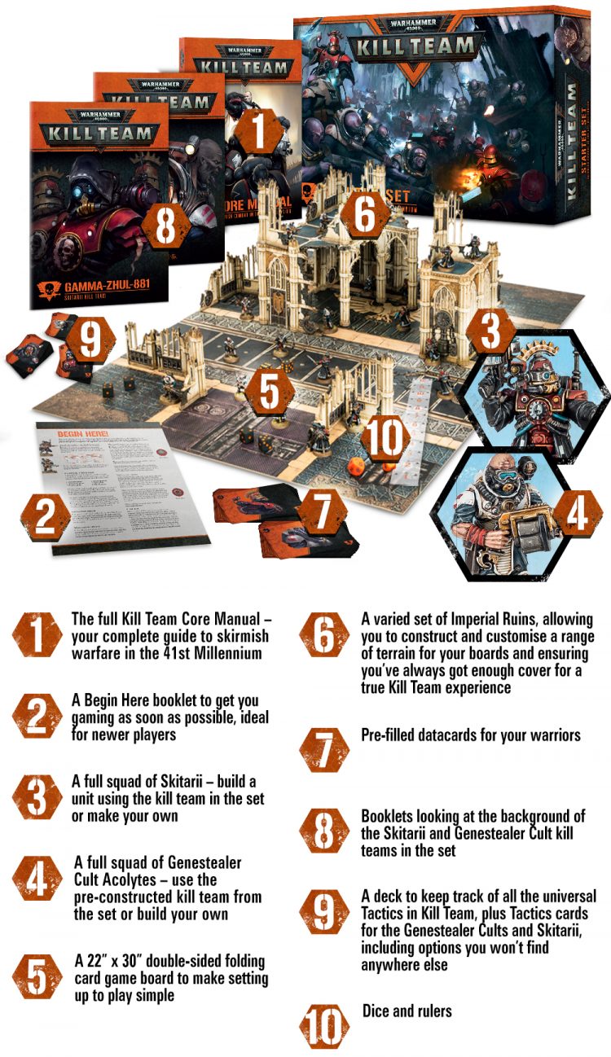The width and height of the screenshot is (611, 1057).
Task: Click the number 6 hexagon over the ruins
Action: pos(365,213)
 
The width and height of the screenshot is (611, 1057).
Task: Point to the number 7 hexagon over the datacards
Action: pos(321,512)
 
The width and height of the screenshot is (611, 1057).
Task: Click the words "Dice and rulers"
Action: pos(407,1011)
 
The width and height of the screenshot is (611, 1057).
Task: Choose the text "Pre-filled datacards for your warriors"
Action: pos(471,735)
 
